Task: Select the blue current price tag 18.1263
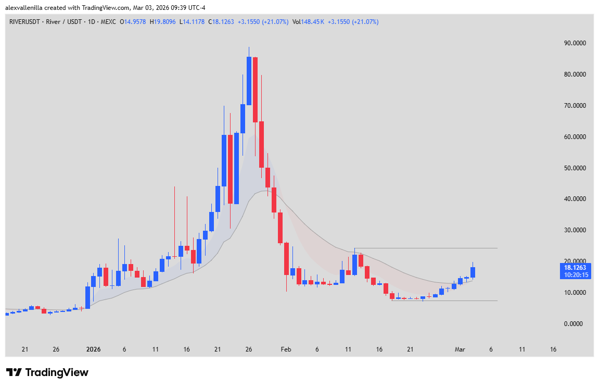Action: click(575, 268)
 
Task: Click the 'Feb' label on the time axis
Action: click(286, 349)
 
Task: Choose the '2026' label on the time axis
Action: click(93, 349)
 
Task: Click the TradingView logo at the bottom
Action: click(47, 372)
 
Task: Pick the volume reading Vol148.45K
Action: click(309, 22)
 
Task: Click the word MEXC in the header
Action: click(108, 22)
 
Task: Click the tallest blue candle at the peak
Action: click(249, 81)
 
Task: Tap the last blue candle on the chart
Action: click(473, 272)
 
